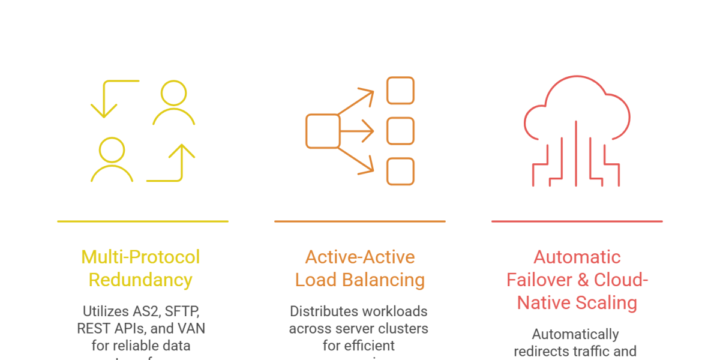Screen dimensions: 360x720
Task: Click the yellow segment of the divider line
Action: click(x=166, y=225)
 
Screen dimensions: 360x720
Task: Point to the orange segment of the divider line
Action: click(x=383, y=225)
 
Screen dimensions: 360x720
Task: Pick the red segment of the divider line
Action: click(x=600, y=225)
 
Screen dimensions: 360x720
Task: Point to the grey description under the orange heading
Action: click(x=360, y=327)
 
